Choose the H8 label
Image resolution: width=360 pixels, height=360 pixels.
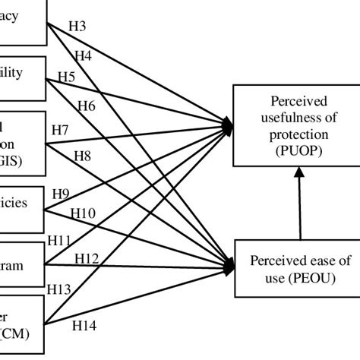click(x=83, y=157)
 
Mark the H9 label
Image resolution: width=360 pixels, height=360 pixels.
click(x=61, y=194)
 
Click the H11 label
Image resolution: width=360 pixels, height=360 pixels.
click(x=59, y=239)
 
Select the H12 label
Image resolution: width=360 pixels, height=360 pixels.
click(x=87, y=259)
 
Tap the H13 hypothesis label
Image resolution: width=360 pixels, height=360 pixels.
click(x=59, y=289)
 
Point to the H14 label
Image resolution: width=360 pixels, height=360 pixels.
click(x=84, y=326)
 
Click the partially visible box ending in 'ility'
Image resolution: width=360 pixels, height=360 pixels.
click(x=23, y=74)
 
